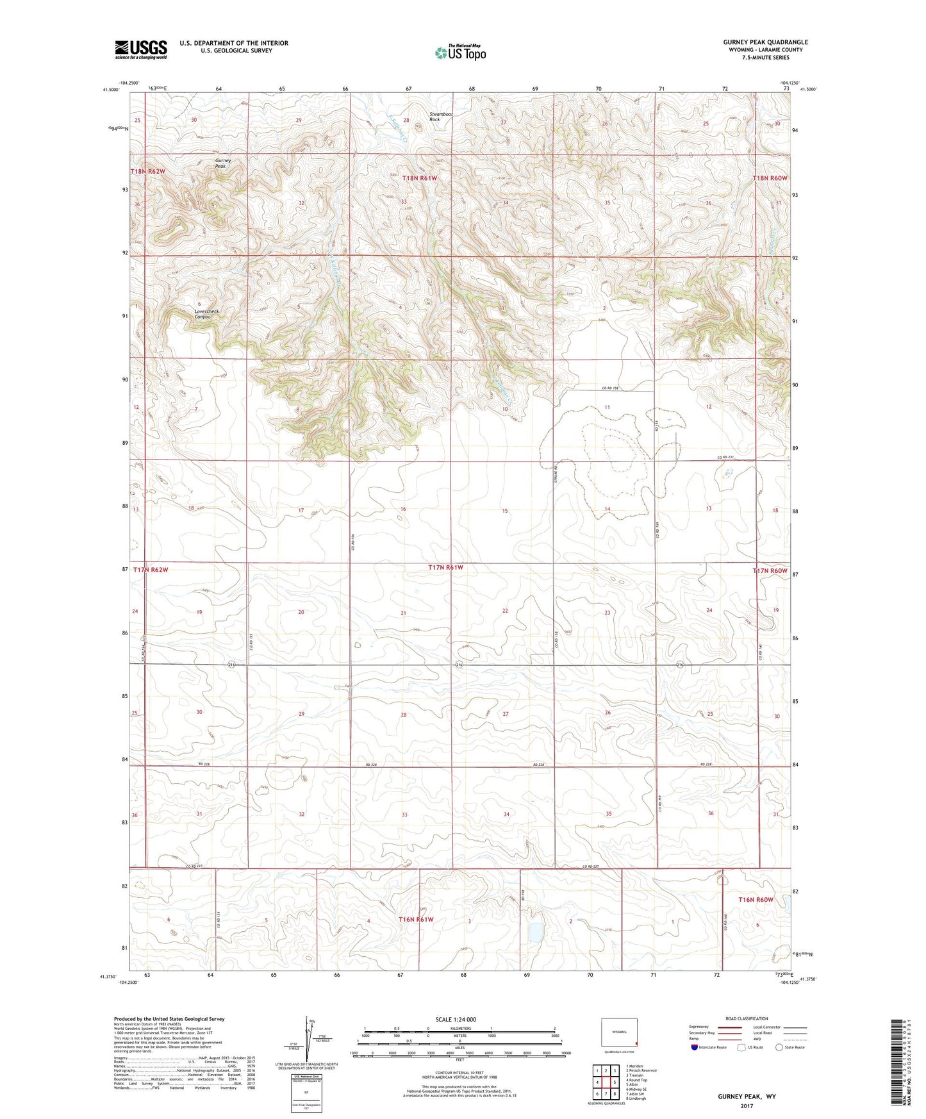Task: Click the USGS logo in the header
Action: click(x=141, y=49)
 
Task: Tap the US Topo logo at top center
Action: click(x=459, y=53)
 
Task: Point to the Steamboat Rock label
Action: click(x=441, y=117)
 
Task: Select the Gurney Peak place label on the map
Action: click(x=222, y=163)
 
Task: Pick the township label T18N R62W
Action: click(x=148, y=172)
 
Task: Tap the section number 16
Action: click(x=403, y=509)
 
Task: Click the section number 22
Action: click(x=505, y=611)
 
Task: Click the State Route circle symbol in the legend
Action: click(x=779, y=1047)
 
